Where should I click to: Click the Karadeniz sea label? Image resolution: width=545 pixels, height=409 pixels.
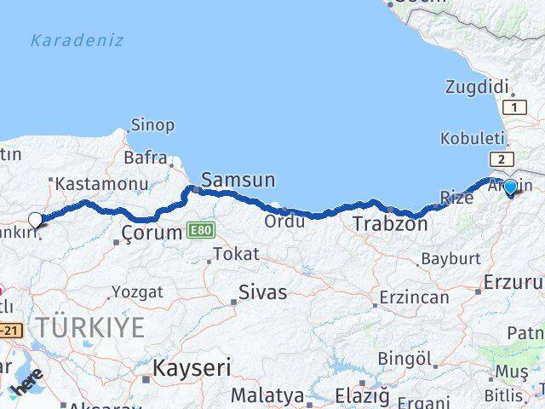tap(77, 40)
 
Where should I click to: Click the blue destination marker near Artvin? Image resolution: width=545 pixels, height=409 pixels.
tap(510, 187)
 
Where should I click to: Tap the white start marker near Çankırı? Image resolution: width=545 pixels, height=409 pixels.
tap(35, 220)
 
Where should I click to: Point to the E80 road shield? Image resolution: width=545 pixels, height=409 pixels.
tap(202, 230)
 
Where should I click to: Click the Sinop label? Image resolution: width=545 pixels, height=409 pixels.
tap(153, 125)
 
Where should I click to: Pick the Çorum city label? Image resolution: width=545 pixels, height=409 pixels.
tap(152, 232)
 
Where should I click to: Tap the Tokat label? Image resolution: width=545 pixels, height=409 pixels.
tap(236, 254)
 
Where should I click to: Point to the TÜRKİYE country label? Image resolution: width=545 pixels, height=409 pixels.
tap(89, 325)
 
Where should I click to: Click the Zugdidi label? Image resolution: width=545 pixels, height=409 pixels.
tap(477, 87)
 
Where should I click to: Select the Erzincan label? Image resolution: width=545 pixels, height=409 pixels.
tap(415, 297)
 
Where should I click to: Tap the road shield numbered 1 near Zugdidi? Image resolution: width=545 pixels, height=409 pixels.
tap(513, 107)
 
